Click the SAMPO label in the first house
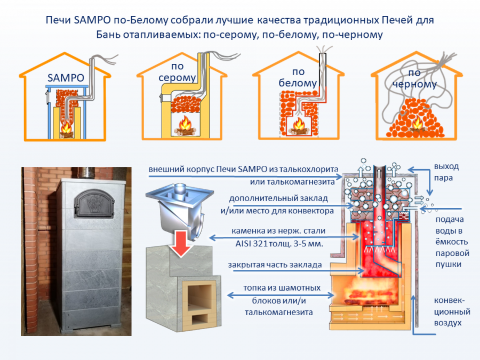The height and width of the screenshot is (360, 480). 66,78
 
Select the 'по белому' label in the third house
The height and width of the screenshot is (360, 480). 298,78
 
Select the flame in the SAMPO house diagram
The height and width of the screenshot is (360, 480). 66,128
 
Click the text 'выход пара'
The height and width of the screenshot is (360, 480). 446,172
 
